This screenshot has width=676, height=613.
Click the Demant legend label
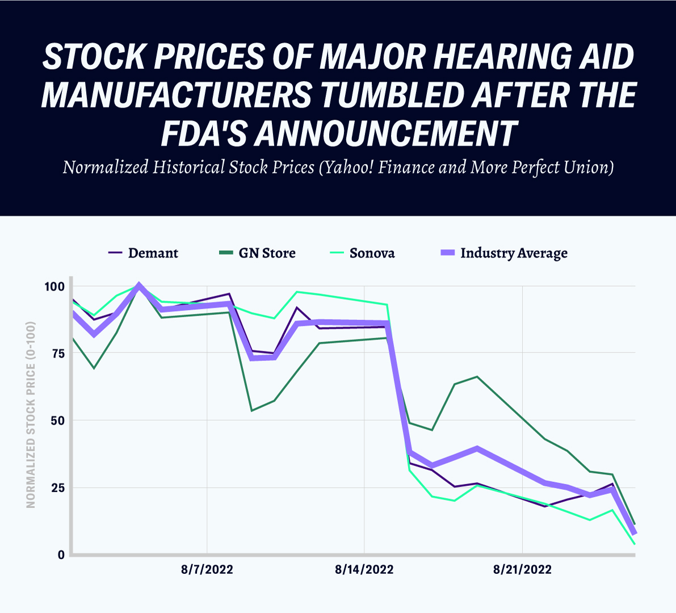(x=153, y=253)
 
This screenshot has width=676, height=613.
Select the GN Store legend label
(x=267, y=253)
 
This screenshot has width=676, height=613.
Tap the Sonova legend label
(x=372, y=253)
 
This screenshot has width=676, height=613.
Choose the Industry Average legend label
(x=514, y=253)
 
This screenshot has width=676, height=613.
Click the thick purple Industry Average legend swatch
(x=448, y=253)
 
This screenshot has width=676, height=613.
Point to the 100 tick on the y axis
(x=54, y=286)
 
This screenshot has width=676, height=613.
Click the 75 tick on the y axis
(x=57, y=353)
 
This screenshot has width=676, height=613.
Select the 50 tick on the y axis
(x=57, y=421)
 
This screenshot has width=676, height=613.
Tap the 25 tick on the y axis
(x=57, y=488)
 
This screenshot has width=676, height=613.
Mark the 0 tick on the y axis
(x=61, y=555)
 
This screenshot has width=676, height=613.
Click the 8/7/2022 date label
(x=207, y=569)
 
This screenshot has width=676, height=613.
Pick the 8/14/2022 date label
(x=364, y=569)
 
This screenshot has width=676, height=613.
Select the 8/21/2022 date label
(x=522, y=569)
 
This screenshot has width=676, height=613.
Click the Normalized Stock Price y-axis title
(x=31, y=415)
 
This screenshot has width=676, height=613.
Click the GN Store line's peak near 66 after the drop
(x=477, y=376)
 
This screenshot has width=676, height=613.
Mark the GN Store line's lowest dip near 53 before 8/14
(x=251, y=410)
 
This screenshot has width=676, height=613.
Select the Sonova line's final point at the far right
(x=635, y=544)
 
